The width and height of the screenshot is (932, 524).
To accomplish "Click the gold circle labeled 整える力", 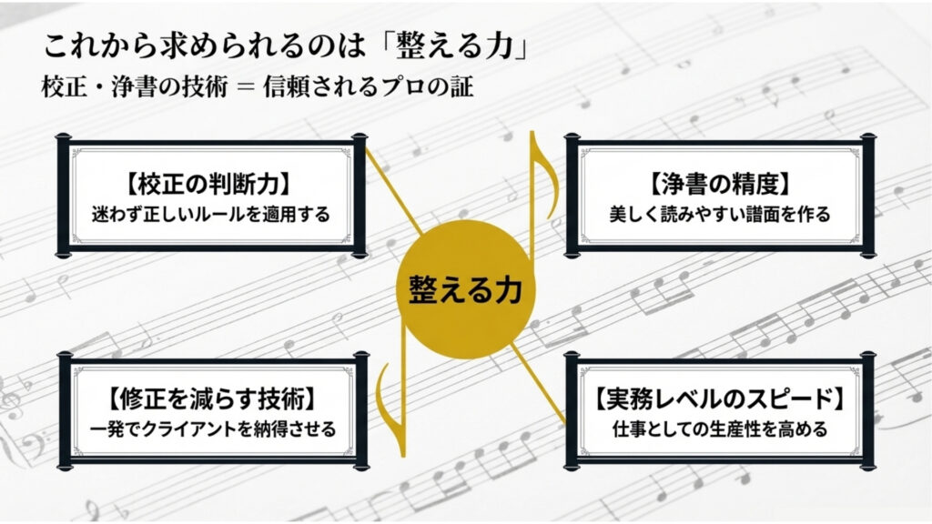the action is pyautogui.click(x=465, y=289).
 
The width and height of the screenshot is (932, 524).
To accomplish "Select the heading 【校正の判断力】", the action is pyautogui.click(x=209, y=184).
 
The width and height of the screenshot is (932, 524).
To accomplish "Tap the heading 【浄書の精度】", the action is pyautogui.click(x=720, y=184).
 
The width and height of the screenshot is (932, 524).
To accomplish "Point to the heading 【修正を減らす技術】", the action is pyautogui.click(x=212, y=398).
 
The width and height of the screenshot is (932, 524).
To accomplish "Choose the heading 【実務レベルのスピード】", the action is pyautogui.click(x=721, y=398).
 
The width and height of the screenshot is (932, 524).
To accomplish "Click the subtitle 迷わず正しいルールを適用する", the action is pyautogui.click(x=210, y=214).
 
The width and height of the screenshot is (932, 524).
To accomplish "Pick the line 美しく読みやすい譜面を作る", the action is pyautogui.click(x=720, y=214).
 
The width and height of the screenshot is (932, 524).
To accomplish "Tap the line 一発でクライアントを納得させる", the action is pyautogui.click(x=213, y=428).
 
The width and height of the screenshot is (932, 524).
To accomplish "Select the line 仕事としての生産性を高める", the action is pyautogui.click(x=720, y=428).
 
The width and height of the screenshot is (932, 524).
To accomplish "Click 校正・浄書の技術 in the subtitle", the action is pyautogui.click(x=135, y=87).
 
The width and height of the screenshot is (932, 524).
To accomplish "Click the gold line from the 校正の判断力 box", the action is pyautogui.click(x=393, y=190).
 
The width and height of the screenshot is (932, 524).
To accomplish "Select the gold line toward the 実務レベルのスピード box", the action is pyautogui.click(x=538, y=385).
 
